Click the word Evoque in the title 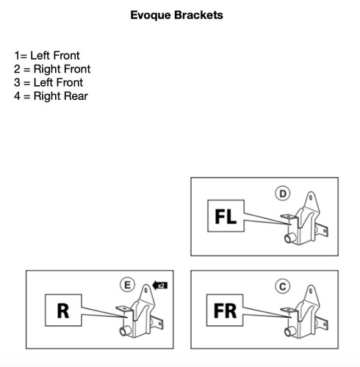click(x=151, y=15)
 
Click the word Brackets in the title click(x=198, y=15)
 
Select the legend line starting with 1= click(x=47, y=56)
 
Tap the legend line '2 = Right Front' click(x=52, y=69)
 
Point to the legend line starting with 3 click(x=48, y=83)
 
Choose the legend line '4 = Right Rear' click(x=51, y=96)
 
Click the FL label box click(x=226, y=216)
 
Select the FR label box click(x=225, y=310)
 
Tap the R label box click(x=63, y=310)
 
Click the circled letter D click(x=283, y=194)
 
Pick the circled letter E click(x=127, y=285)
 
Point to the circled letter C click(x=283, y=286)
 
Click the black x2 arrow click(x=160, y=286)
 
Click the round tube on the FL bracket click(x=290, y=238)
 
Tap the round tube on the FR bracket click(x=290, y=332)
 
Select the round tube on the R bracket click(x=125, y=331)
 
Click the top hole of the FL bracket click(x=311, y=197)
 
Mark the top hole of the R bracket click(x=146, y=290)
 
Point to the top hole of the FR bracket click(x=311, y=291)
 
